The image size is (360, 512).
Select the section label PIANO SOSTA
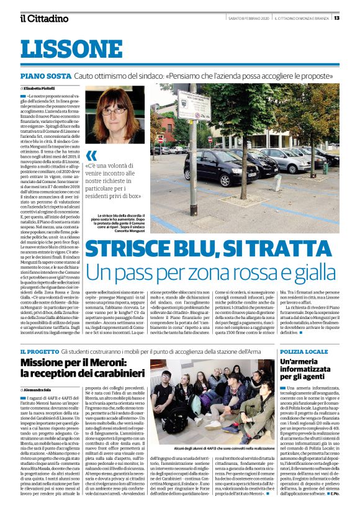pyautogui.click(x=45, y=76)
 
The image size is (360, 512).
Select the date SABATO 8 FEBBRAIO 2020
pyautogui.click(x=246, y=17)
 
